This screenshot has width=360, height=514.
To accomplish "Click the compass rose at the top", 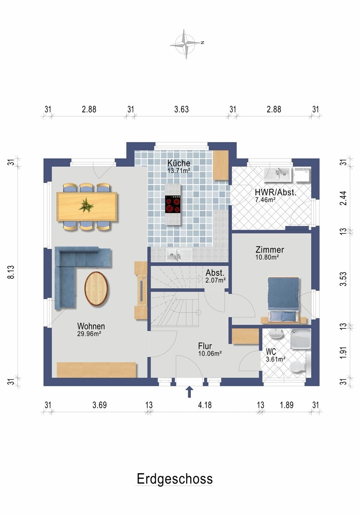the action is point(186,44).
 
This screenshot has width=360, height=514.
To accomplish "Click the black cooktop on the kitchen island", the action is point(172,204).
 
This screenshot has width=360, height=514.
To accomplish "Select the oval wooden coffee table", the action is point(96,289).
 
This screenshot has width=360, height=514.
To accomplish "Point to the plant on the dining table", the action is point(86,205).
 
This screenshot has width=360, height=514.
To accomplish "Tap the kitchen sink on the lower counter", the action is point(179,254).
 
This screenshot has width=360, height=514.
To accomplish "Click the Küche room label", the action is point(179,163).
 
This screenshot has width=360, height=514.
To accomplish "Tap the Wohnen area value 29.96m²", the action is point(89,334).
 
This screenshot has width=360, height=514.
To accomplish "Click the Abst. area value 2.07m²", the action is point(216,280).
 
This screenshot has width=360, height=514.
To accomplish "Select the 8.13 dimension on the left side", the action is point(11,272).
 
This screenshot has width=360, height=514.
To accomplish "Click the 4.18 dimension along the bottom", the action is point(205,405).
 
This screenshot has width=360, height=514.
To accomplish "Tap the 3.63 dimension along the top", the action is point(181,110).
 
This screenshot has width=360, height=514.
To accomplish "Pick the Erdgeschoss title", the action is point(175,479).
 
